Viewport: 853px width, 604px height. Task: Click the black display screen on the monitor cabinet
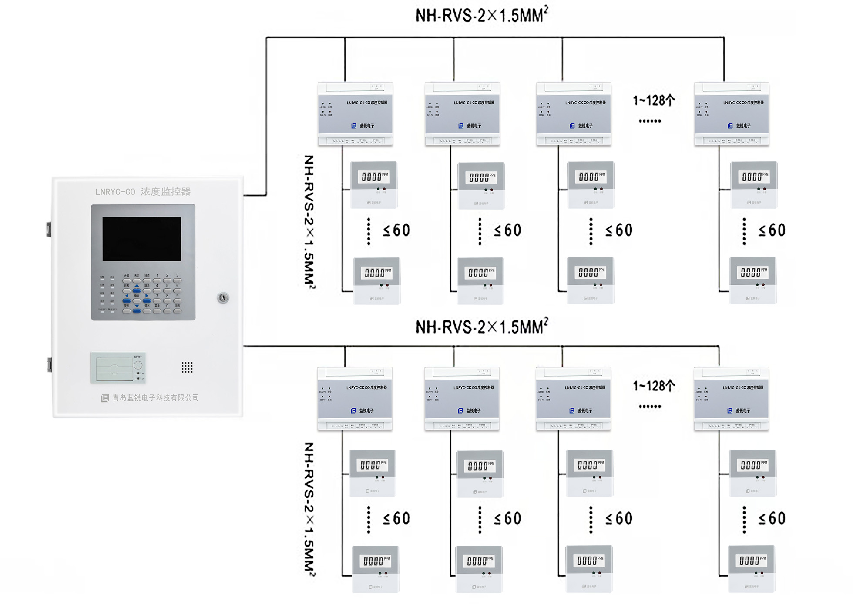pos(141,239)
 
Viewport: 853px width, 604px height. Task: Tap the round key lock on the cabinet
pos(223,297)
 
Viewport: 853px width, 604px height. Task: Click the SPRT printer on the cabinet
pos(118,368)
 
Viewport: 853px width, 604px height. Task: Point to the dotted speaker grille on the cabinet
pos(187,367)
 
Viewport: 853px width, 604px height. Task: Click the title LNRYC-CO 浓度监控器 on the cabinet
pos(143,192)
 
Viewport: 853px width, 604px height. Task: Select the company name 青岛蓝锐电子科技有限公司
pos(155,398)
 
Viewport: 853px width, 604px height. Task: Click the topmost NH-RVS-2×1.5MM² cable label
pos(481,15)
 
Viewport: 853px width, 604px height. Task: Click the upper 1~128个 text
pos(654,101)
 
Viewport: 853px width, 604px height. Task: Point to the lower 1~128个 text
pos(654,386)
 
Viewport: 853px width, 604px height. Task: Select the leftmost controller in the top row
pos(355,114)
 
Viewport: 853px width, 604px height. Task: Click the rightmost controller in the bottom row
pos(731,399)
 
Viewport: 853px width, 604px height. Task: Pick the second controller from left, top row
pos(462,114)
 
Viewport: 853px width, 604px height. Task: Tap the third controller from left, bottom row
pos(573,399)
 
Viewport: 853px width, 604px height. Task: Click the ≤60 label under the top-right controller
pos(772,230)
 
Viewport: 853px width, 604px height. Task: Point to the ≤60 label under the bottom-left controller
pos(396,518)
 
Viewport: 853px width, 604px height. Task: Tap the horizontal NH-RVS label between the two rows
pos(481,327)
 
